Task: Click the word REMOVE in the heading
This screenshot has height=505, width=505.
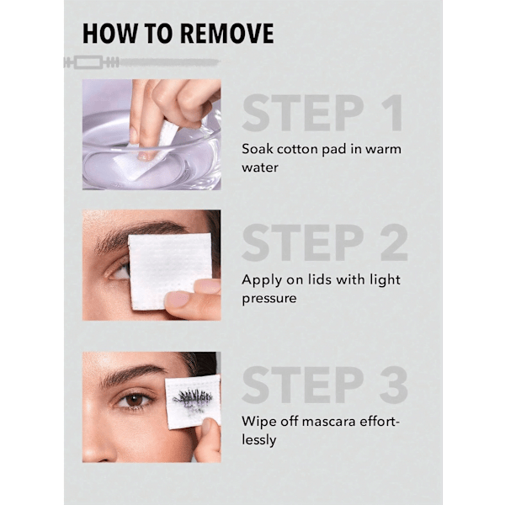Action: pos(226,33)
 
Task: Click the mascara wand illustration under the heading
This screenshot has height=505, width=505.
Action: pos(141,62)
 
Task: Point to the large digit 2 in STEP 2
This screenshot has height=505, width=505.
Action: pos(394,242)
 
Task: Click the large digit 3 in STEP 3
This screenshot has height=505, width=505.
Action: pos(394,385)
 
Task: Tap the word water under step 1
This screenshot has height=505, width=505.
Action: pos(260,167)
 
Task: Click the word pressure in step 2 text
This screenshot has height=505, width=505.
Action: pos(269,299)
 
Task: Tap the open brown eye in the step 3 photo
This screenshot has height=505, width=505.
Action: pos(135,401)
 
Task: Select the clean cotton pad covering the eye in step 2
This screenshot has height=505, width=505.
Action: pos(169,270)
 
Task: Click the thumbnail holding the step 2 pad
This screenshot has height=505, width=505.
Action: pos(178,300)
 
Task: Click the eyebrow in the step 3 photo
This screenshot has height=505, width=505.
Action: pos(130,375)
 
